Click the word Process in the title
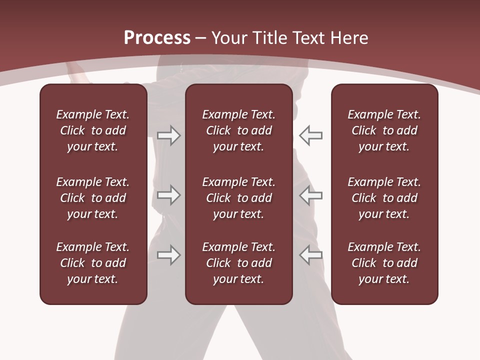point(157,38)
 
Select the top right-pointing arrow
point(169,135)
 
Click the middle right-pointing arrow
point(169,195)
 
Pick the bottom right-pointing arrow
point(169,255)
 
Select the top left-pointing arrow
point(311,135)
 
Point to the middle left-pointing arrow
point(311,195)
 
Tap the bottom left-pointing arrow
point(311,255)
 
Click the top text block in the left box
point(93,130)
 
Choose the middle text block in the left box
point(93,198)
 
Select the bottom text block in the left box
point(93,263)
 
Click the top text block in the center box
point(238,130)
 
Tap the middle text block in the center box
point(238,198)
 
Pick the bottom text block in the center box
point(238,263)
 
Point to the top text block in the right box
point(384,130)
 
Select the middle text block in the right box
point(384,198)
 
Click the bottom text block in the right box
point(384,263)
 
